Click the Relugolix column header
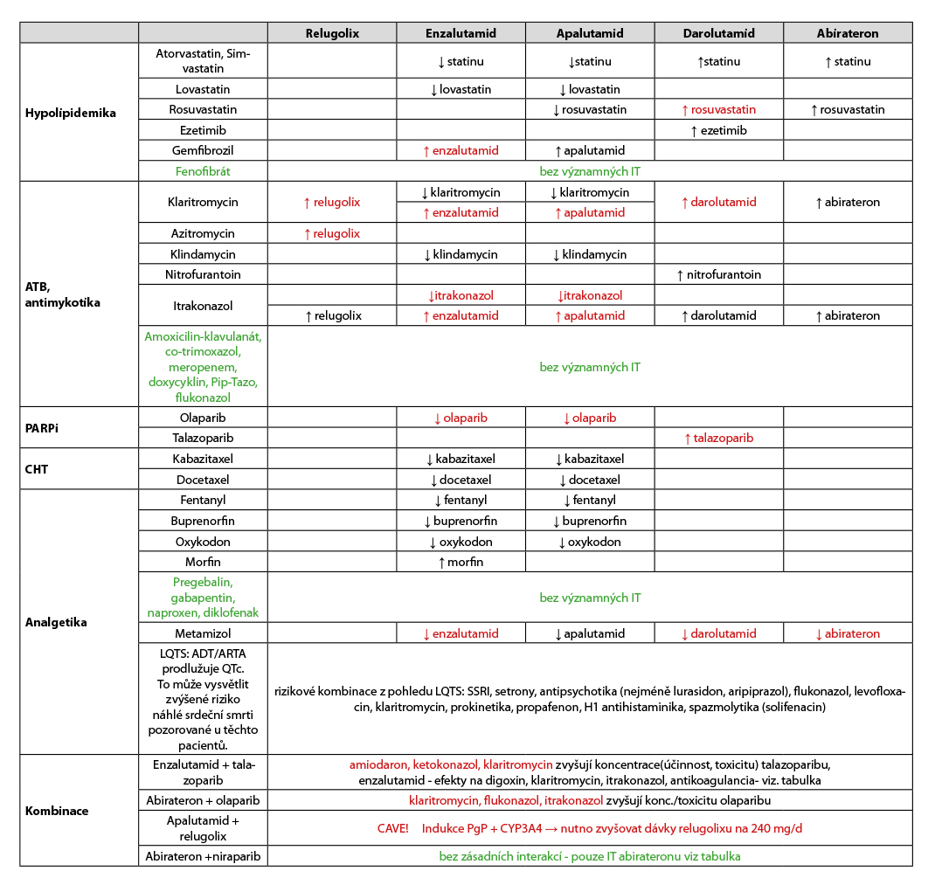(x=332, y=33)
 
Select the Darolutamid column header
(x=718, y=33)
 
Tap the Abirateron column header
(x=848, y=33)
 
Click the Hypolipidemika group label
(x=71, y=113)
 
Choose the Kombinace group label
(x=57, y=811)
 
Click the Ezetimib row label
(x=203, y=130)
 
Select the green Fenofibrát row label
(x=203, y=171)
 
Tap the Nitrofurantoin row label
(x=203, y=274)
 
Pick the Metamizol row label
(x=203, y=633)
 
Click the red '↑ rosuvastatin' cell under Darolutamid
(x=718, y=109)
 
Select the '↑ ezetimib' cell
(x=718, y=130)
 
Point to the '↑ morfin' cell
(x=461, y=562)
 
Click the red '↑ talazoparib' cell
(x=718, y=438)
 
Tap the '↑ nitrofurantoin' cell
(x=718, y=274)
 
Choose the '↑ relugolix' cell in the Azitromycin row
(x=332, y=233)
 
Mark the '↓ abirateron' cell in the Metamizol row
(x=848, y=633)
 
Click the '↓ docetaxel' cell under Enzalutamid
(x=461, y=480)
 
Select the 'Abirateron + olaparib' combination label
(x=203, y=800)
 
